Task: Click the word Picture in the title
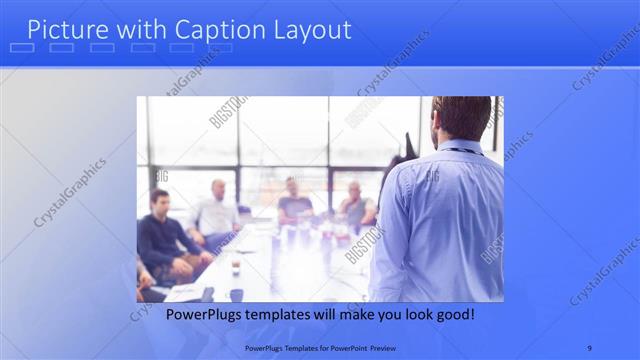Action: (64, 30)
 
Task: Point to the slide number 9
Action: (590, 347)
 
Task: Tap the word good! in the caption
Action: (453, 315)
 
